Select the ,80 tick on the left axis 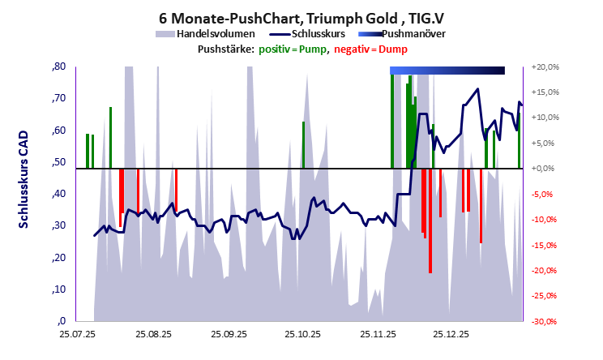click(x=58, y=66)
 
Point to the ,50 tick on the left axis click(x=58, y=162)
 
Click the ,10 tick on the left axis click(x=58, y=289)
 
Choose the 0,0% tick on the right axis click(x=544, y=169)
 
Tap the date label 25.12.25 click(x=451, y=333)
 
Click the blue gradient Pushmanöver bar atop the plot click(x=447, y=71)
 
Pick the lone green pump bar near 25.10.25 click(x=303, y=145)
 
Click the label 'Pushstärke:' click(x=222, y=49)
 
